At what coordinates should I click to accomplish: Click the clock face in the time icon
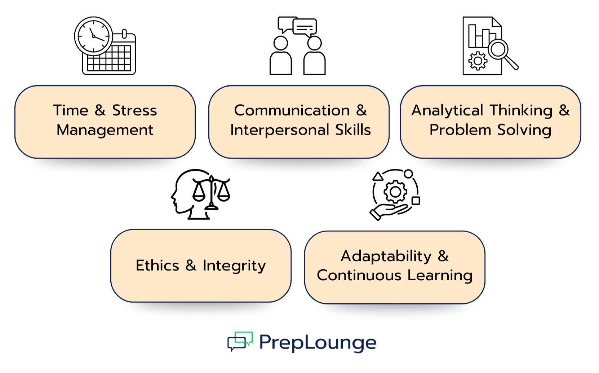pyautogui.click(x=93, y=36)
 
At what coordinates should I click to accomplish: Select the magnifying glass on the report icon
pyautogui.click(x=499, y=49)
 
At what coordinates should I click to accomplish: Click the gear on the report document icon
pyautogui.click(x=478, y=61)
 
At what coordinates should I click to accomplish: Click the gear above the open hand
pyautogui.click(x=395, y=192)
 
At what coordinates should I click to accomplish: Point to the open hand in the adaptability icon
pyautogui.click(x=387, y=211)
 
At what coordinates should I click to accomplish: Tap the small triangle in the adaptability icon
pyautogui.click(x=377, y=177)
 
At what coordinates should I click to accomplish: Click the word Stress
pyautogui.click(x=134, y=110)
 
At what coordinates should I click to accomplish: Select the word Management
pyautogui.click(x=105, y=130)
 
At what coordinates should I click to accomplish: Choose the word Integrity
pyautogui.click(x=234, y=266)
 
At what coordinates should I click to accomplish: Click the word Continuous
pyautogui.click(x=359, y=276)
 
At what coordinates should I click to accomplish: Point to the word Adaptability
pyautogui.click(x=386, y=256)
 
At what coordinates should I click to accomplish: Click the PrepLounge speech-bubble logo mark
pyautogui.click(x=240, y=341)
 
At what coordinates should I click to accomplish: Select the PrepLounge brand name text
pyautogui.click(x=318, y=342)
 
